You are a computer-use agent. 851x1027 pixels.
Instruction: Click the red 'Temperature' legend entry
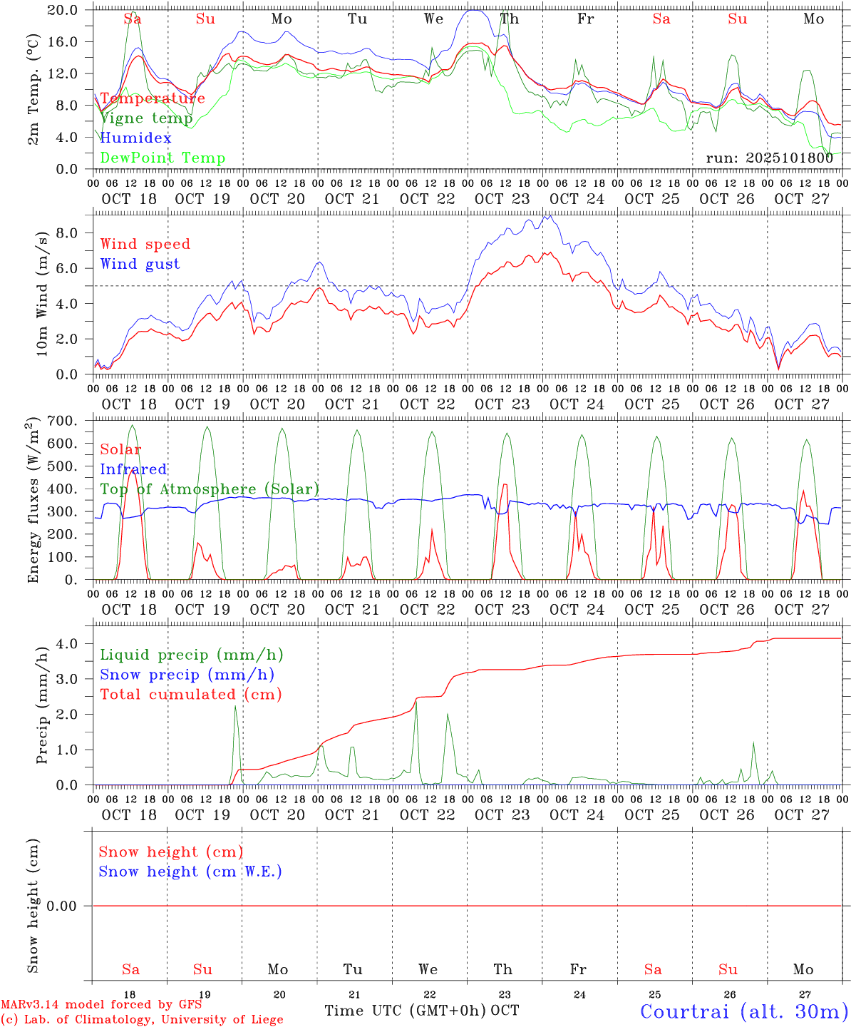pos(153,98)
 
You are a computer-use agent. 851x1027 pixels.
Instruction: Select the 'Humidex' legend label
pos(135,138)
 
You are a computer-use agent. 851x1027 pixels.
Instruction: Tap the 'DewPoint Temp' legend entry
pos(163,158)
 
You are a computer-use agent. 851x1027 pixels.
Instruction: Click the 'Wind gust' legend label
pos(140,264)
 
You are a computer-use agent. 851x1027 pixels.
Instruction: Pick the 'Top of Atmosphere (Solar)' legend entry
pos(210,489)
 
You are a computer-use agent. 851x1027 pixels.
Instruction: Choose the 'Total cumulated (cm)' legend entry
pos(190,694)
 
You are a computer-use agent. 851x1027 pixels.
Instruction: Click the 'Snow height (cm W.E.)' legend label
pos(190,872)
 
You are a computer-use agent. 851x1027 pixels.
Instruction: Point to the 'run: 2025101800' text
pos(769,158)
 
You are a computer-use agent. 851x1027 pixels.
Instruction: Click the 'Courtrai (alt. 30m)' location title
pos(744,1011)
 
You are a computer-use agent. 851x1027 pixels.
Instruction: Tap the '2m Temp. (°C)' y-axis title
pos(33,89)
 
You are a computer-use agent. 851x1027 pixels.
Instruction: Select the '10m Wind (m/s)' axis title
pos(42,294)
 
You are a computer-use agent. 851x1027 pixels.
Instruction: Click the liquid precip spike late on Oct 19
pos(235,706)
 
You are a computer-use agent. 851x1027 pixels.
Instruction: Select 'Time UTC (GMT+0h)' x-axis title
pos(405,1011)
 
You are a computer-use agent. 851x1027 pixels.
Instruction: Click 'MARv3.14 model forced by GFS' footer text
pos(101,1005)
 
